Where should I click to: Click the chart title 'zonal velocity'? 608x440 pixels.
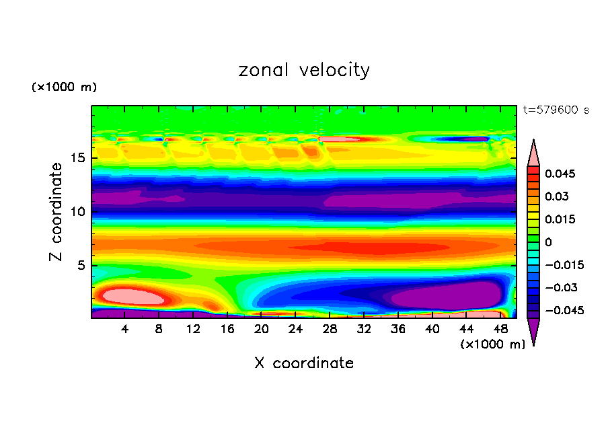coord(304,70)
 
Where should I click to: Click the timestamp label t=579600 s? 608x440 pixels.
coord(556,110)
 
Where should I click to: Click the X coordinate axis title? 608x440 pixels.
coord(304,363)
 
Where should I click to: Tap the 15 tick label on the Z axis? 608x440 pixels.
coord(77,159)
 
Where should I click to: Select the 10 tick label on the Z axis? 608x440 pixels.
coord(77,212)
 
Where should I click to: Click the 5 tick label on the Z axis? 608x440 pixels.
coord(81,266)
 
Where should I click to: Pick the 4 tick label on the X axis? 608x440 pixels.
coord(125,328)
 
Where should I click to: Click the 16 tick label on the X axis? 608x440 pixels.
coord(227,328)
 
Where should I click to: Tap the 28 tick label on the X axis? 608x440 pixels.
coord(330,328)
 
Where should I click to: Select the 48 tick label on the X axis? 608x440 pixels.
coord(500,328)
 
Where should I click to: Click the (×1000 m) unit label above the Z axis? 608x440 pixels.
coord(64,87)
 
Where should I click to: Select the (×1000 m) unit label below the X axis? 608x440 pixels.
coord(493,344)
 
